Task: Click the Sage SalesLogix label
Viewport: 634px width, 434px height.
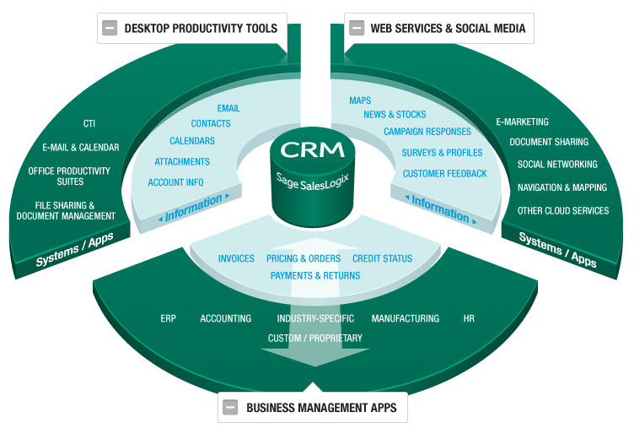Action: [311, 179]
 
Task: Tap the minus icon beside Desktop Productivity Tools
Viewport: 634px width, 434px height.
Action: [110, 27]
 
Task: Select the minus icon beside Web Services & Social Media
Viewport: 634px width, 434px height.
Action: [357, 27]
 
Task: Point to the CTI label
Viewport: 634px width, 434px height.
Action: [89, 123]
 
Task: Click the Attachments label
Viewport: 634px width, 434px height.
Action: [182, 161]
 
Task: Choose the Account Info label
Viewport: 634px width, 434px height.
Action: [175, 182]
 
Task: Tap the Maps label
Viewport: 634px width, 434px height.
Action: [360, 100]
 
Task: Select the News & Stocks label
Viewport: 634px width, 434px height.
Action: [395, 114]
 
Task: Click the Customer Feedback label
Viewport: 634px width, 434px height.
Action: [444, 173]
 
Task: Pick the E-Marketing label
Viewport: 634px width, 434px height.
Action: [522, 122]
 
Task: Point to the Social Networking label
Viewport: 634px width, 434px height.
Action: [557, 164]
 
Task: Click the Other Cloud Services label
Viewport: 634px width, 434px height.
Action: [563, 210]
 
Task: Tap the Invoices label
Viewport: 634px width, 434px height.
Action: [236, 258]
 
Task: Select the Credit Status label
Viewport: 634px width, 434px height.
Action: [382, 258]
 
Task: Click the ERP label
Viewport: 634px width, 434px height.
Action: [168, 318]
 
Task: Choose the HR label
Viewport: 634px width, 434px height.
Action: [469, 318]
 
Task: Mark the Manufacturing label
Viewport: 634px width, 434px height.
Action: [406, 318]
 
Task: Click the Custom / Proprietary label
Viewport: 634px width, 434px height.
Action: [315, 338]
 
